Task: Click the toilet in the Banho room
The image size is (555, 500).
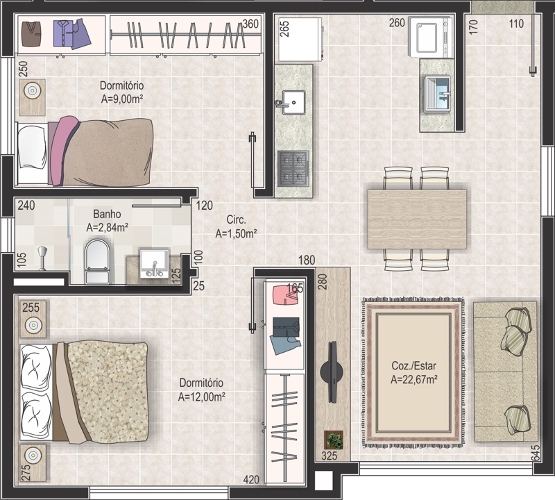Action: (x=97, y=262)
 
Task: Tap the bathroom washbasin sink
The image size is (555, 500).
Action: (x=155, y=264)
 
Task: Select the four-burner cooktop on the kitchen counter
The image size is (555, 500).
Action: (x=293, y=168)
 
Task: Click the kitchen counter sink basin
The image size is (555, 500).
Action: (x=293, y=102)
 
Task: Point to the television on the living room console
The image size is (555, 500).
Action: (x=332, y=372)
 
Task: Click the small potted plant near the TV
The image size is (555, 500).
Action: (x=334, y=440)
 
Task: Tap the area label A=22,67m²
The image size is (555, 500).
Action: (x=413, y=380)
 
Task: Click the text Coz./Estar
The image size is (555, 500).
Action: (x=413, y=365)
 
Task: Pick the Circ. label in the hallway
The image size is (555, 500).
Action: (x=236, y=219)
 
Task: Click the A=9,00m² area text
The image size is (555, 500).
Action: (x=122, y=99)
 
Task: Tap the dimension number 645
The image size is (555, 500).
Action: (x=535, y=453)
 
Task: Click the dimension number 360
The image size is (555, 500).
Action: (x=250, y=24)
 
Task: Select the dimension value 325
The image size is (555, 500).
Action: (x=329, y=456)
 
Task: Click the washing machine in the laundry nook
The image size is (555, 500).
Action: (x=430, y=37)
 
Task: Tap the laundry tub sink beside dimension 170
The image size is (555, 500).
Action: (x=437, y=94)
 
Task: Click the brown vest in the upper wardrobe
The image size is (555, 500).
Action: (x=31, y=34)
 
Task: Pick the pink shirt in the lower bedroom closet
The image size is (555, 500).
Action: (x=286, y=295)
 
